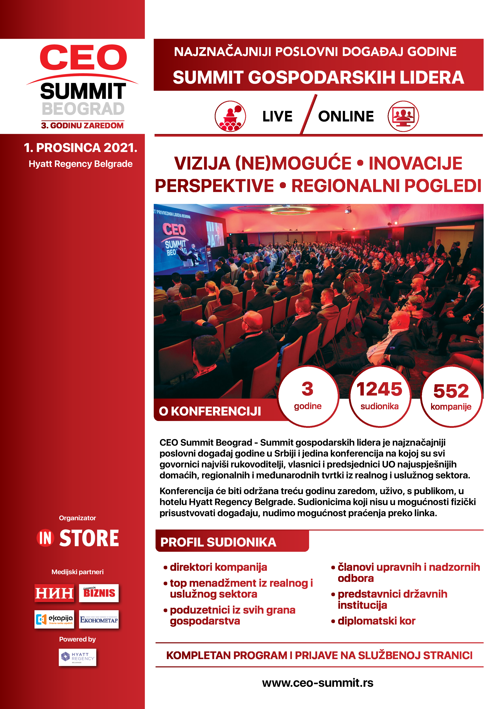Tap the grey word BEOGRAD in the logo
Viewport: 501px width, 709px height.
(x=83, y=109)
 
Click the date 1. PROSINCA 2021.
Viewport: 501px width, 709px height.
(x=81, y=148)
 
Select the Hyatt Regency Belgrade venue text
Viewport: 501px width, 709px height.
(x=81, y=164)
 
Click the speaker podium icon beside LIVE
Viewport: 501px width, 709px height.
(x=230, y=116)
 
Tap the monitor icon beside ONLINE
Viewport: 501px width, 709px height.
(x=403, y=116)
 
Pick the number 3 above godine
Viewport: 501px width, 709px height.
(x=307, y=389)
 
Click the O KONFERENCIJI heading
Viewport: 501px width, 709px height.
(x=210, y=411)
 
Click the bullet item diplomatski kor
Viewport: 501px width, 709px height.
(x=376, y=621)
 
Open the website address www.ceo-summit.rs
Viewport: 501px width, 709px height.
(x=318, y=683)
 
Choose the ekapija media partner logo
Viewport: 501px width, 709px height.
(x=54, y=619)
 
